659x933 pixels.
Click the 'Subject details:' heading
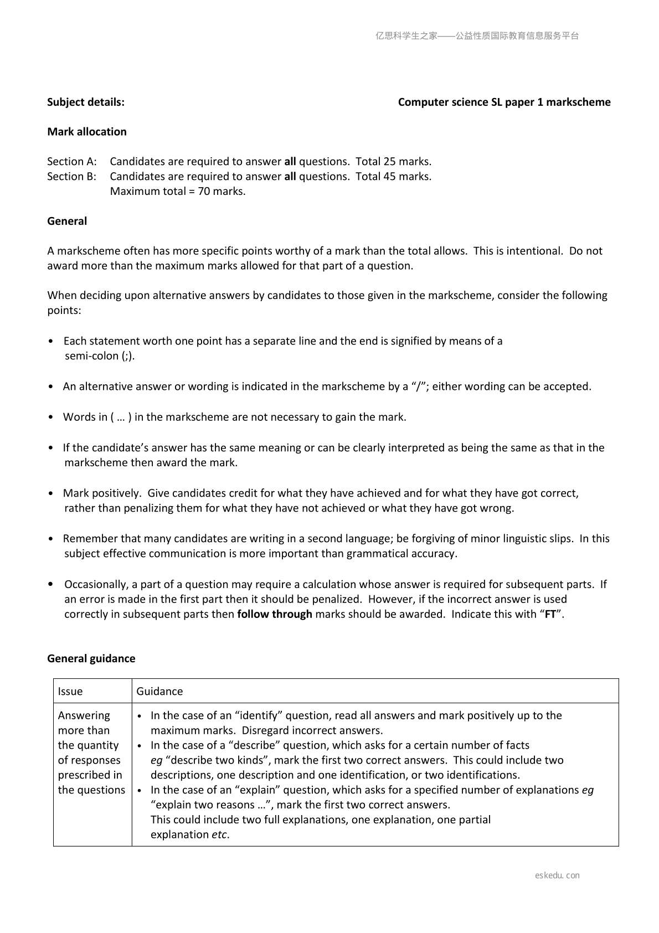[86, 102]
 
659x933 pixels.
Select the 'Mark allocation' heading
[87, 132]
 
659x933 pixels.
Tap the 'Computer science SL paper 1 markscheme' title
[504, 102]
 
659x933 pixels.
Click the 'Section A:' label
[72, 162]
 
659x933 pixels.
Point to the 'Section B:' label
[72, 177]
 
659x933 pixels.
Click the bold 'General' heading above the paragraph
[67, 221]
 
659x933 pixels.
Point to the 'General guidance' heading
[91, 658]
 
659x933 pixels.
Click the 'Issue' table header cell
[70, 692]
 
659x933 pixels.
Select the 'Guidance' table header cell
[159, 692]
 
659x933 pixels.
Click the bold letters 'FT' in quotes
[550, 614]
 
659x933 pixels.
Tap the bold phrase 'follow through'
[275, 614]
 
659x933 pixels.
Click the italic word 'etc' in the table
[219, 835]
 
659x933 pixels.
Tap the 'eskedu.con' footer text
[557, 875]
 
